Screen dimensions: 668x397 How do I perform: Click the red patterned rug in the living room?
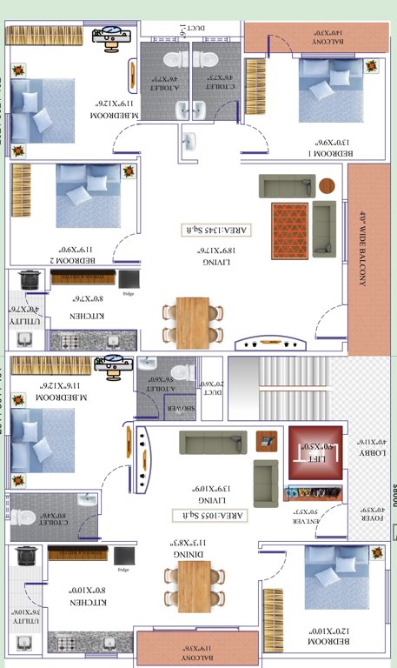coord(289,227)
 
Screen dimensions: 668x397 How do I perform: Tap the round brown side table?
coord(327,185)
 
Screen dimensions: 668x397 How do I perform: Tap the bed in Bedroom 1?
coord(330,89)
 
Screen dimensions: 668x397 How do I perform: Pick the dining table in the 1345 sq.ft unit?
coord(192,323)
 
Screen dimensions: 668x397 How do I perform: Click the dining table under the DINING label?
coord(193,584)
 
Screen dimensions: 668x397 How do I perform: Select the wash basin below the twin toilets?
coord(189,141)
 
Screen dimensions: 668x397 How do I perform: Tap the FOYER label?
coord(366,520)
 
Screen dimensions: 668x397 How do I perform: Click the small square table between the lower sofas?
coord(268,440)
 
